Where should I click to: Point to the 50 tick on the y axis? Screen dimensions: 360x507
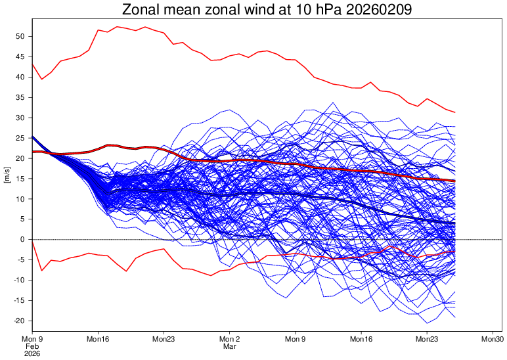point(20,37)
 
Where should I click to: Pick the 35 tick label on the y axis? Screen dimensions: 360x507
point(20,98)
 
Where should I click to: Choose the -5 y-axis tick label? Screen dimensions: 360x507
point(20,260)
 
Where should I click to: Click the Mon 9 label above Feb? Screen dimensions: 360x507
point(32,338)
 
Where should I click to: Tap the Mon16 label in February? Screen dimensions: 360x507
point(98,338)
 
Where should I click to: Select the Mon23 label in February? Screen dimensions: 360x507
point(164,338)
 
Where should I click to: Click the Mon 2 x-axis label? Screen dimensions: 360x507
point(229,338)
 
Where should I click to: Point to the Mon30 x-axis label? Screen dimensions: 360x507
point(493,338)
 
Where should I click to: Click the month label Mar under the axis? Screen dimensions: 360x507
point(229,346)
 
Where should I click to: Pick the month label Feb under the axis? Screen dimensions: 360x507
point(32,346)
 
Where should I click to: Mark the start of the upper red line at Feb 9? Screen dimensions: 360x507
point(32,64)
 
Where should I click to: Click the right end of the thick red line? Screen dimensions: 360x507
point(454,181)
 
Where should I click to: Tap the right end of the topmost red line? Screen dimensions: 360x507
point(454,112)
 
